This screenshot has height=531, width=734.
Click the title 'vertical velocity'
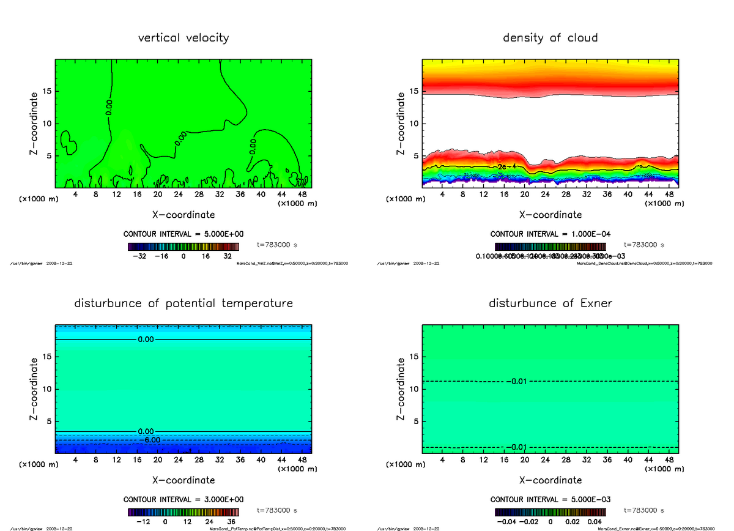[x=183, y=38]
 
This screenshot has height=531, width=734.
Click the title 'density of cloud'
[x=550, y=38]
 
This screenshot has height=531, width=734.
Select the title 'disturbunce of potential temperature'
[x=183, y=303]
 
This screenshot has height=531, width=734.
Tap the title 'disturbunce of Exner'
[x=550, y=303]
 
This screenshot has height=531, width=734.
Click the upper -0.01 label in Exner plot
[x=517, y=382]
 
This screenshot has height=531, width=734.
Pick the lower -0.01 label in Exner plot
[x=517, y=447]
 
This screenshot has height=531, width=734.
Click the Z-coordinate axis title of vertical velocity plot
[x=35, y=123]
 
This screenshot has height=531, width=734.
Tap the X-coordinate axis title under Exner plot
[x=550, y=480]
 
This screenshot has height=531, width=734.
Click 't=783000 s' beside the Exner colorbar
[x=643, y=510]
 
